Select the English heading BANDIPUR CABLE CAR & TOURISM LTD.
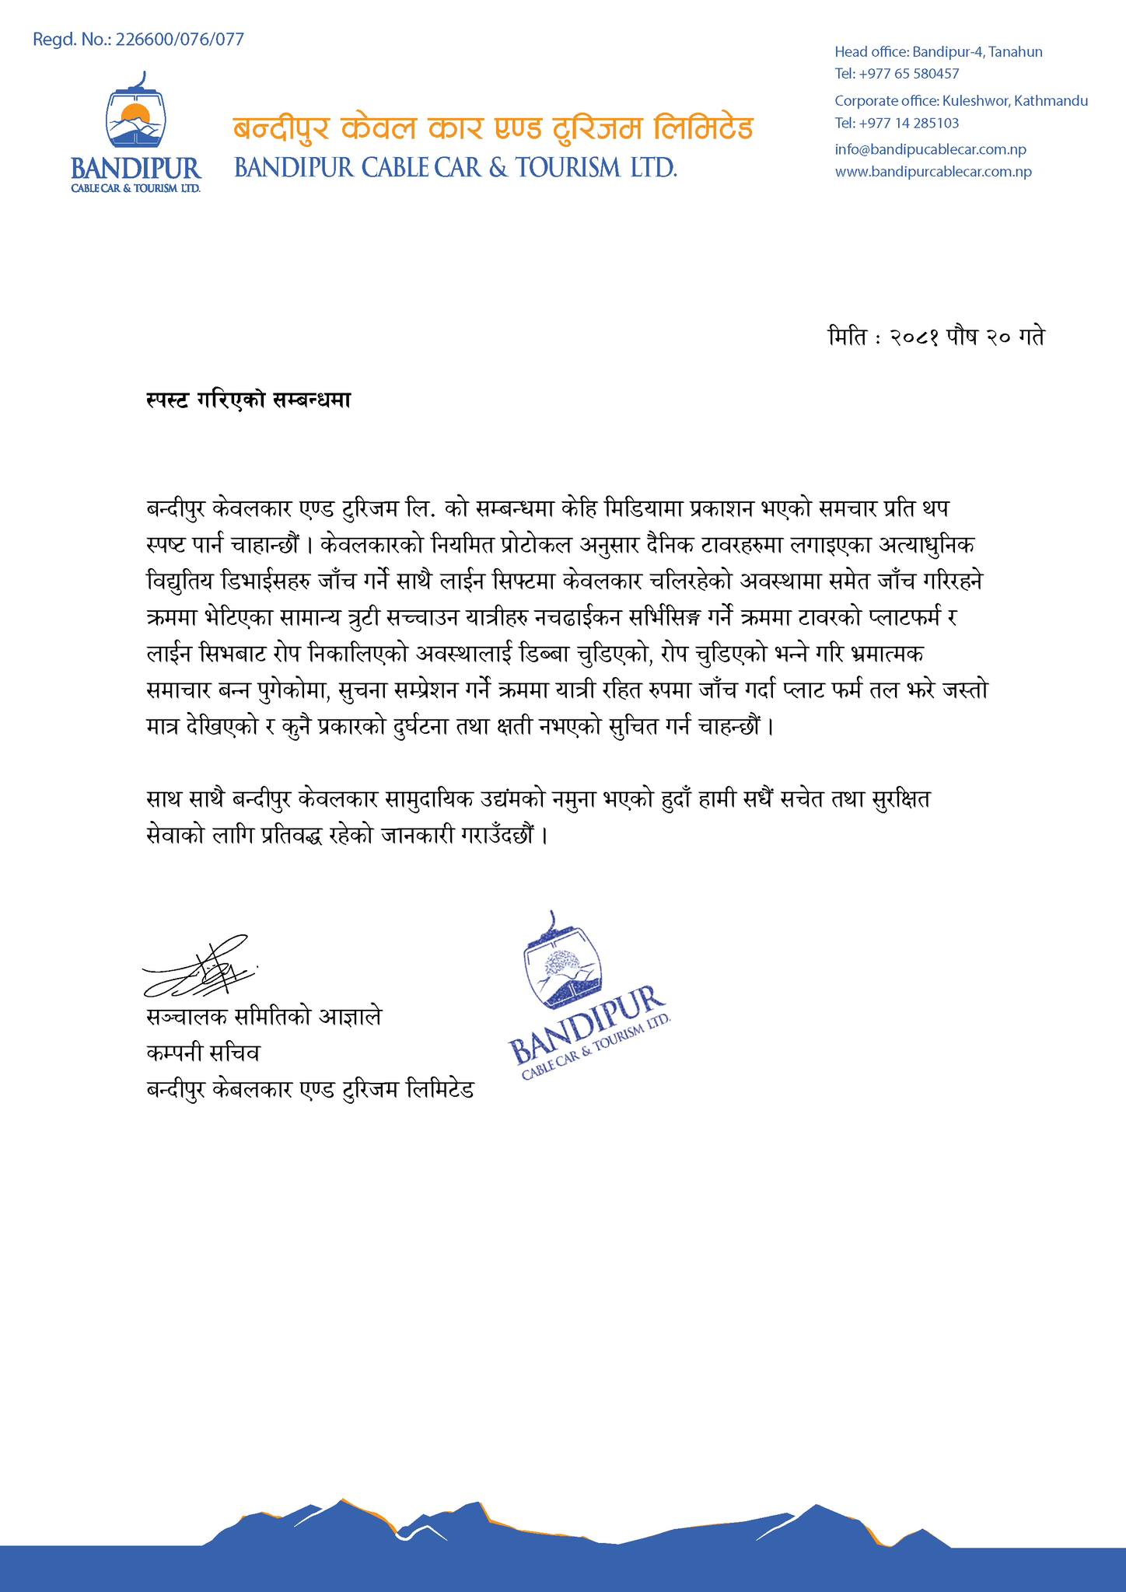click(456, 167)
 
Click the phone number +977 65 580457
click(897, 74)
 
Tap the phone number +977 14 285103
click(897, 123)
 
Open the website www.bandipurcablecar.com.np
click(933, 172)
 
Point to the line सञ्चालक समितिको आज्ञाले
click(264, 1018)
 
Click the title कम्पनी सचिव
click(203, 1053)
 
